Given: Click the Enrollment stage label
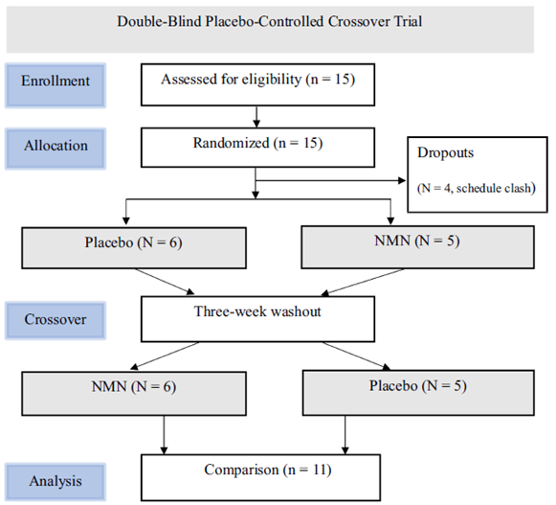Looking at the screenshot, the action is [56, 85].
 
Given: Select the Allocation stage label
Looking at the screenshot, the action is [56, 149].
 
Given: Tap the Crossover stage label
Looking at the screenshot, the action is [56, 320].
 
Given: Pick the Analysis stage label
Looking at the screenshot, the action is [56, 482].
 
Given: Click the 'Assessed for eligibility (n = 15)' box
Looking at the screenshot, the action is [257, 84].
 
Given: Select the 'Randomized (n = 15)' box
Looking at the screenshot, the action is [257, 148].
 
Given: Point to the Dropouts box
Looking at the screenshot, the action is [478, 174].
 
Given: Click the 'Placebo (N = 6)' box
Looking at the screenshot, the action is [134, 248].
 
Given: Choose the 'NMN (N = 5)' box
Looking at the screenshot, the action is [417, 247].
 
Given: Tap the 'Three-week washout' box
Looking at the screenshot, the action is [257, 319].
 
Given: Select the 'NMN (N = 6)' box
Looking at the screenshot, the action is [134, 394].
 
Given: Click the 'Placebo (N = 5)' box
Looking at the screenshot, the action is [418, 393].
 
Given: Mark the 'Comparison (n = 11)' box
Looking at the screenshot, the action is [260, 477].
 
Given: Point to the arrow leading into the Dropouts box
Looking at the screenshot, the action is [330, 181].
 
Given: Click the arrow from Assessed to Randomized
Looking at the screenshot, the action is [256, 117].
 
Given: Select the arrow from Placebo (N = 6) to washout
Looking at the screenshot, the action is [165, 282].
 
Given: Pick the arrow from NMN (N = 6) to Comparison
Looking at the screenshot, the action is [164, 435].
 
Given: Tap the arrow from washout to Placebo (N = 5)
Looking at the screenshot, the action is [357, 356].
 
